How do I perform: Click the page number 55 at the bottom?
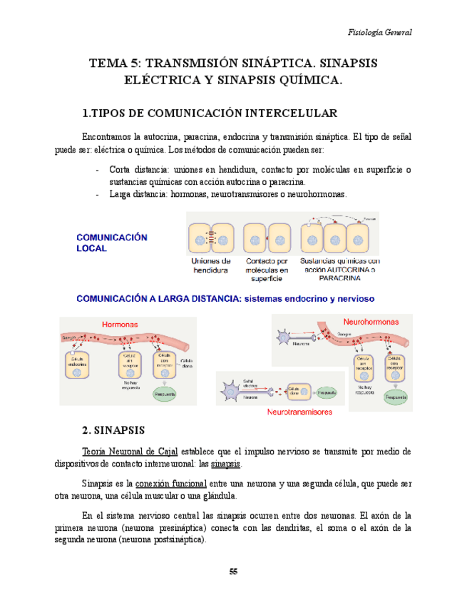pos(233,571)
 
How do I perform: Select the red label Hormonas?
pos(119,324)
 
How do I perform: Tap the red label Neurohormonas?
pos(371,321)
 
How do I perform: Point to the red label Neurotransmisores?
pos(300,412)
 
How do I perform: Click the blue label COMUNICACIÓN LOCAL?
pos(111,243)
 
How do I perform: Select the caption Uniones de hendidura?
pos(210,266)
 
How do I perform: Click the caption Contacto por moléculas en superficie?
pos(266,270)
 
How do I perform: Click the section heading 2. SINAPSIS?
pos(114,431)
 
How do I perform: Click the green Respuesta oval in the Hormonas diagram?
pos(167,392)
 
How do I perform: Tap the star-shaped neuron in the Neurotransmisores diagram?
pos(233,391)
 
